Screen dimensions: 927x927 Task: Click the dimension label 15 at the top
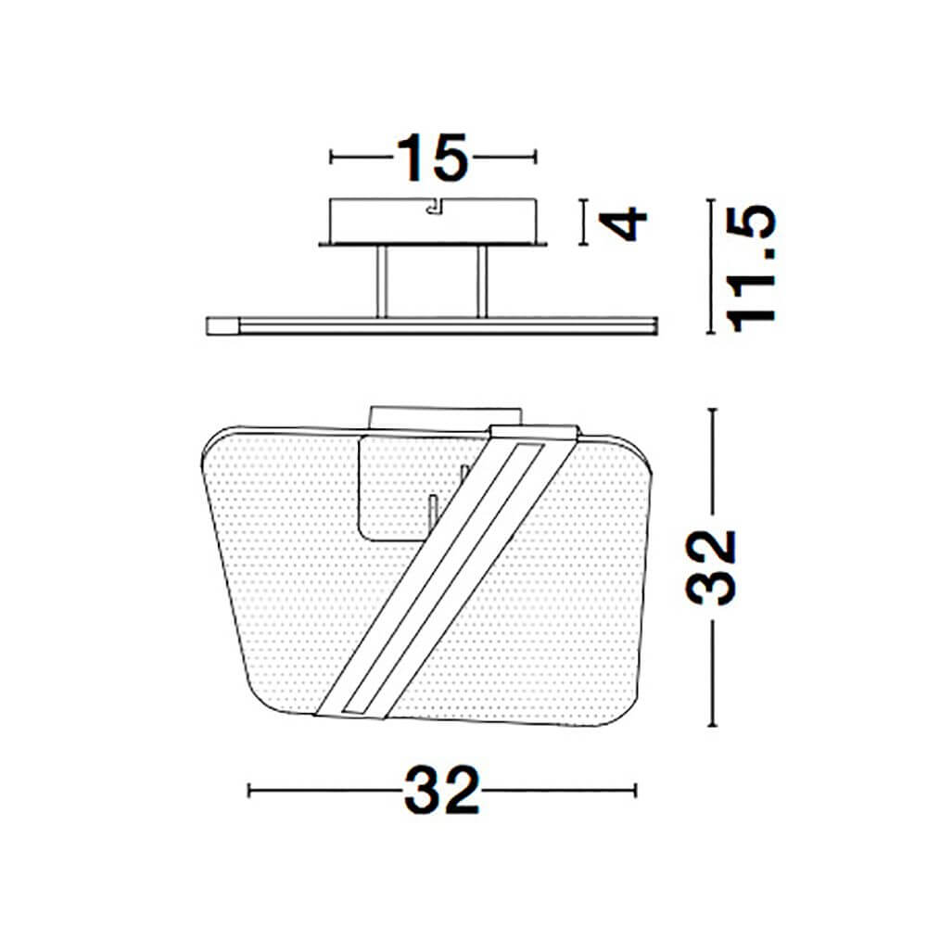tap(433, 158)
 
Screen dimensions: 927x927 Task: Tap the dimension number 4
tap(623, 222)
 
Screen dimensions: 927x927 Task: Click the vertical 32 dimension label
tap(710, 567)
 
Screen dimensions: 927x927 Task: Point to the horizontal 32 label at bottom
tap(441, 791)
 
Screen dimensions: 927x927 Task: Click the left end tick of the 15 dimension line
tap(331, 158)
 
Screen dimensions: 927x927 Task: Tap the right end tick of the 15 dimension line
tap(535, 158)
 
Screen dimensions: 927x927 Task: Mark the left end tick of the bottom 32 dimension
tap(248, 791)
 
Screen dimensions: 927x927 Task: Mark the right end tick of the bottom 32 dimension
tap(636, 791)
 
